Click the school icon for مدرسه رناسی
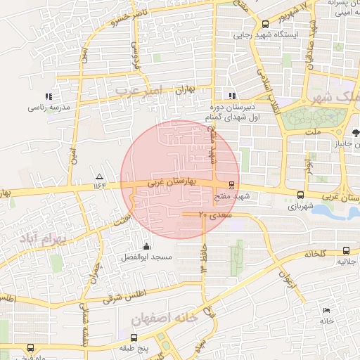tap(49, 96)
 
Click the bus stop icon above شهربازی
tap(301, 195)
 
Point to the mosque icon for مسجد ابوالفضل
tap(146, 246)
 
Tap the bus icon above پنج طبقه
tap(141, 337)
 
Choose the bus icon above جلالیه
tap(345, 250)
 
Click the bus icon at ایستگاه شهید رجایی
tap(264, 22)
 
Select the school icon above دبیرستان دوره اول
tap(231, 96)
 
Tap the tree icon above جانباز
tap(356, 131)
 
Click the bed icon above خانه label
tap(326, 310)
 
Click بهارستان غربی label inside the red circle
tap(171, 181)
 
